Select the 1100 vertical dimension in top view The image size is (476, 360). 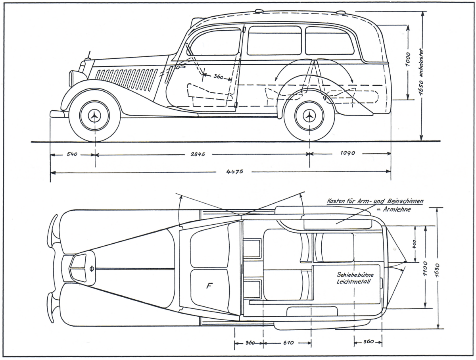point(425,268)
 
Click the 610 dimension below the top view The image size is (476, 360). point(287,342)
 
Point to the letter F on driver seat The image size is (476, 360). point(209,285)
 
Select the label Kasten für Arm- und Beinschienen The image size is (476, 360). point(374,202)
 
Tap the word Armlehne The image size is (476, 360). point(397,209)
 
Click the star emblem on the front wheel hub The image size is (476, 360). point(94,116)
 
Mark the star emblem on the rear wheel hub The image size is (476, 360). point(309,116)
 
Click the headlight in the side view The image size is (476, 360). point(73,78)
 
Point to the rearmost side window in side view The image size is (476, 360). point(329,41)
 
